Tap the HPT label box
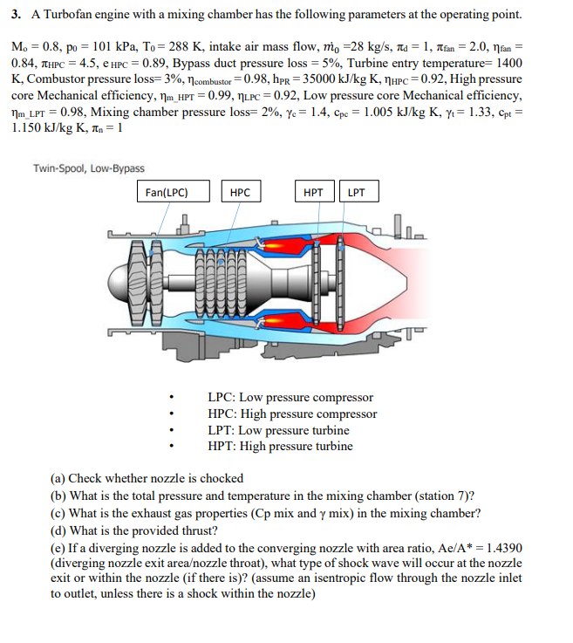coord(313,192)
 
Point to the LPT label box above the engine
coord(356,192)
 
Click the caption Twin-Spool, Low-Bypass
coord(89,168)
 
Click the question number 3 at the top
coord(16,16)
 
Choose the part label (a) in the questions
coord(58,478)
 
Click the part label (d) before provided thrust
coord(58,530)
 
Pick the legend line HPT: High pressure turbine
coord(280,446)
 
